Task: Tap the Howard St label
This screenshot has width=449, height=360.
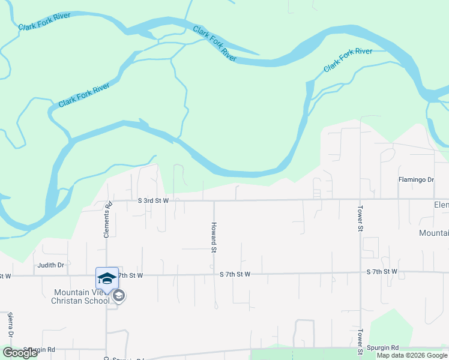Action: [x=213, y=237]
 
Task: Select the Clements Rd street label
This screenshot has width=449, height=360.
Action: [x=107, y=219]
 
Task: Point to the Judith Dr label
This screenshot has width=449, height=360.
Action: [x=50, y=265]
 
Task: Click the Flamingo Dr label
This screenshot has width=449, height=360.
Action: [x=416, y=179]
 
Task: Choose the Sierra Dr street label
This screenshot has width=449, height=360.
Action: [x=10, y=325]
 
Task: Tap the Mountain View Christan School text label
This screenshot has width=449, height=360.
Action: [x=77, y=296]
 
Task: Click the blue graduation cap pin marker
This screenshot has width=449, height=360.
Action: [x=107, y=278]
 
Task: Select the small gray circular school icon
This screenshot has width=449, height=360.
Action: [x=119, y=295]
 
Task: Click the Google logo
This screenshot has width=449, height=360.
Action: [x=20, y=353]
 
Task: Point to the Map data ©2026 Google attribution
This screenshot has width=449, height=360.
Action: [x=412, y=356]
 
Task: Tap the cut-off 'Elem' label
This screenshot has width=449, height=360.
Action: [x=441, y=205]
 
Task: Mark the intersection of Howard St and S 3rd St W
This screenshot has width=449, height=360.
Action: [x=214, y=200]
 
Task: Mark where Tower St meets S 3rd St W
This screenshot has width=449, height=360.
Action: [x=360, y=199]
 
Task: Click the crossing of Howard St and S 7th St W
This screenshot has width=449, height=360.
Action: [x=214, y=275]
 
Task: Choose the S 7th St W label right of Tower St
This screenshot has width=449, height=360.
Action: [x=382, y=272]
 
